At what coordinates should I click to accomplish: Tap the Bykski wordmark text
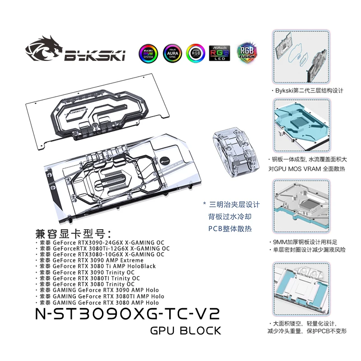[x=95, y=56]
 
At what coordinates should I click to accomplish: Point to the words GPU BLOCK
[x=186, y=331]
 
